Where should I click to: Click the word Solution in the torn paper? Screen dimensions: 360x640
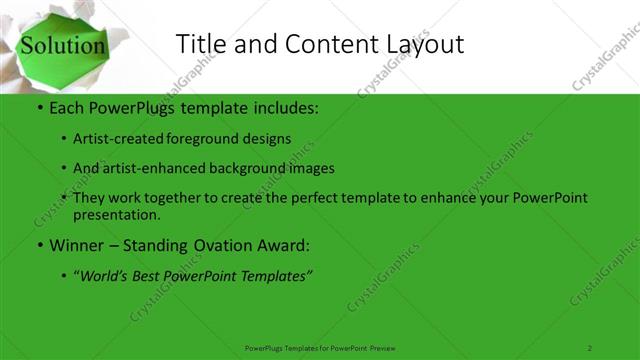(63, 46)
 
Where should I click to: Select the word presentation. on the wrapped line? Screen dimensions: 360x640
(115, 214)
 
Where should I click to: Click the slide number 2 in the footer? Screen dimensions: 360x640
(590, 347)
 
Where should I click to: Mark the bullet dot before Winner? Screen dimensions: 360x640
(38, 245)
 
